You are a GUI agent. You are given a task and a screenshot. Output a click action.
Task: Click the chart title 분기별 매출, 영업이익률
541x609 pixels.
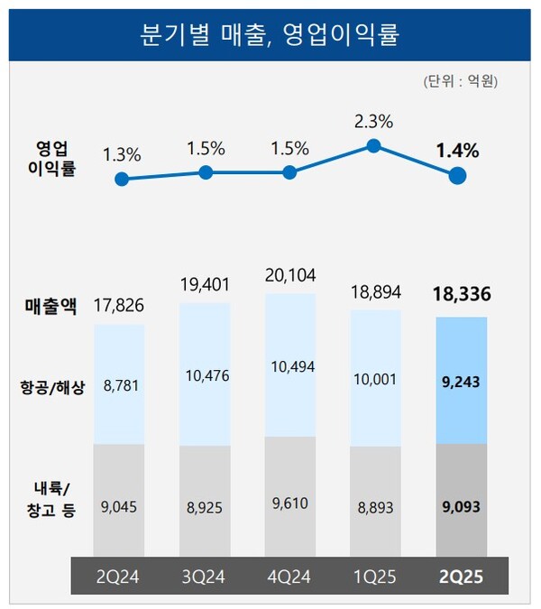270,34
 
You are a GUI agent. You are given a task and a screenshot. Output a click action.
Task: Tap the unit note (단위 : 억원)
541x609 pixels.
460,82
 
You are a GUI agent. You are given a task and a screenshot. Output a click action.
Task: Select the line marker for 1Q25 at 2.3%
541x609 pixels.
374,145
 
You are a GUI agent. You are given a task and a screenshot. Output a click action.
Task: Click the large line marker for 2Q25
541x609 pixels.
458,177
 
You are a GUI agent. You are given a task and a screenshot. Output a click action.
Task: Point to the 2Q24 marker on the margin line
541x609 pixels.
122,179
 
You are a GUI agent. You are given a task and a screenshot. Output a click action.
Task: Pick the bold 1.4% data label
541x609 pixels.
457,151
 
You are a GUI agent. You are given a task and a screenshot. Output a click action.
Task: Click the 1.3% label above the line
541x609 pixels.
122,154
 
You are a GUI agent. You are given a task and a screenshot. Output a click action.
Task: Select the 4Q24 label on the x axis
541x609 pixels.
290,576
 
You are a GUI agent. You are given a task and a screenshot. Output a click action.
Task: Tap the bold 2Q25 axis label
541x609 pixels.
461,576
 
